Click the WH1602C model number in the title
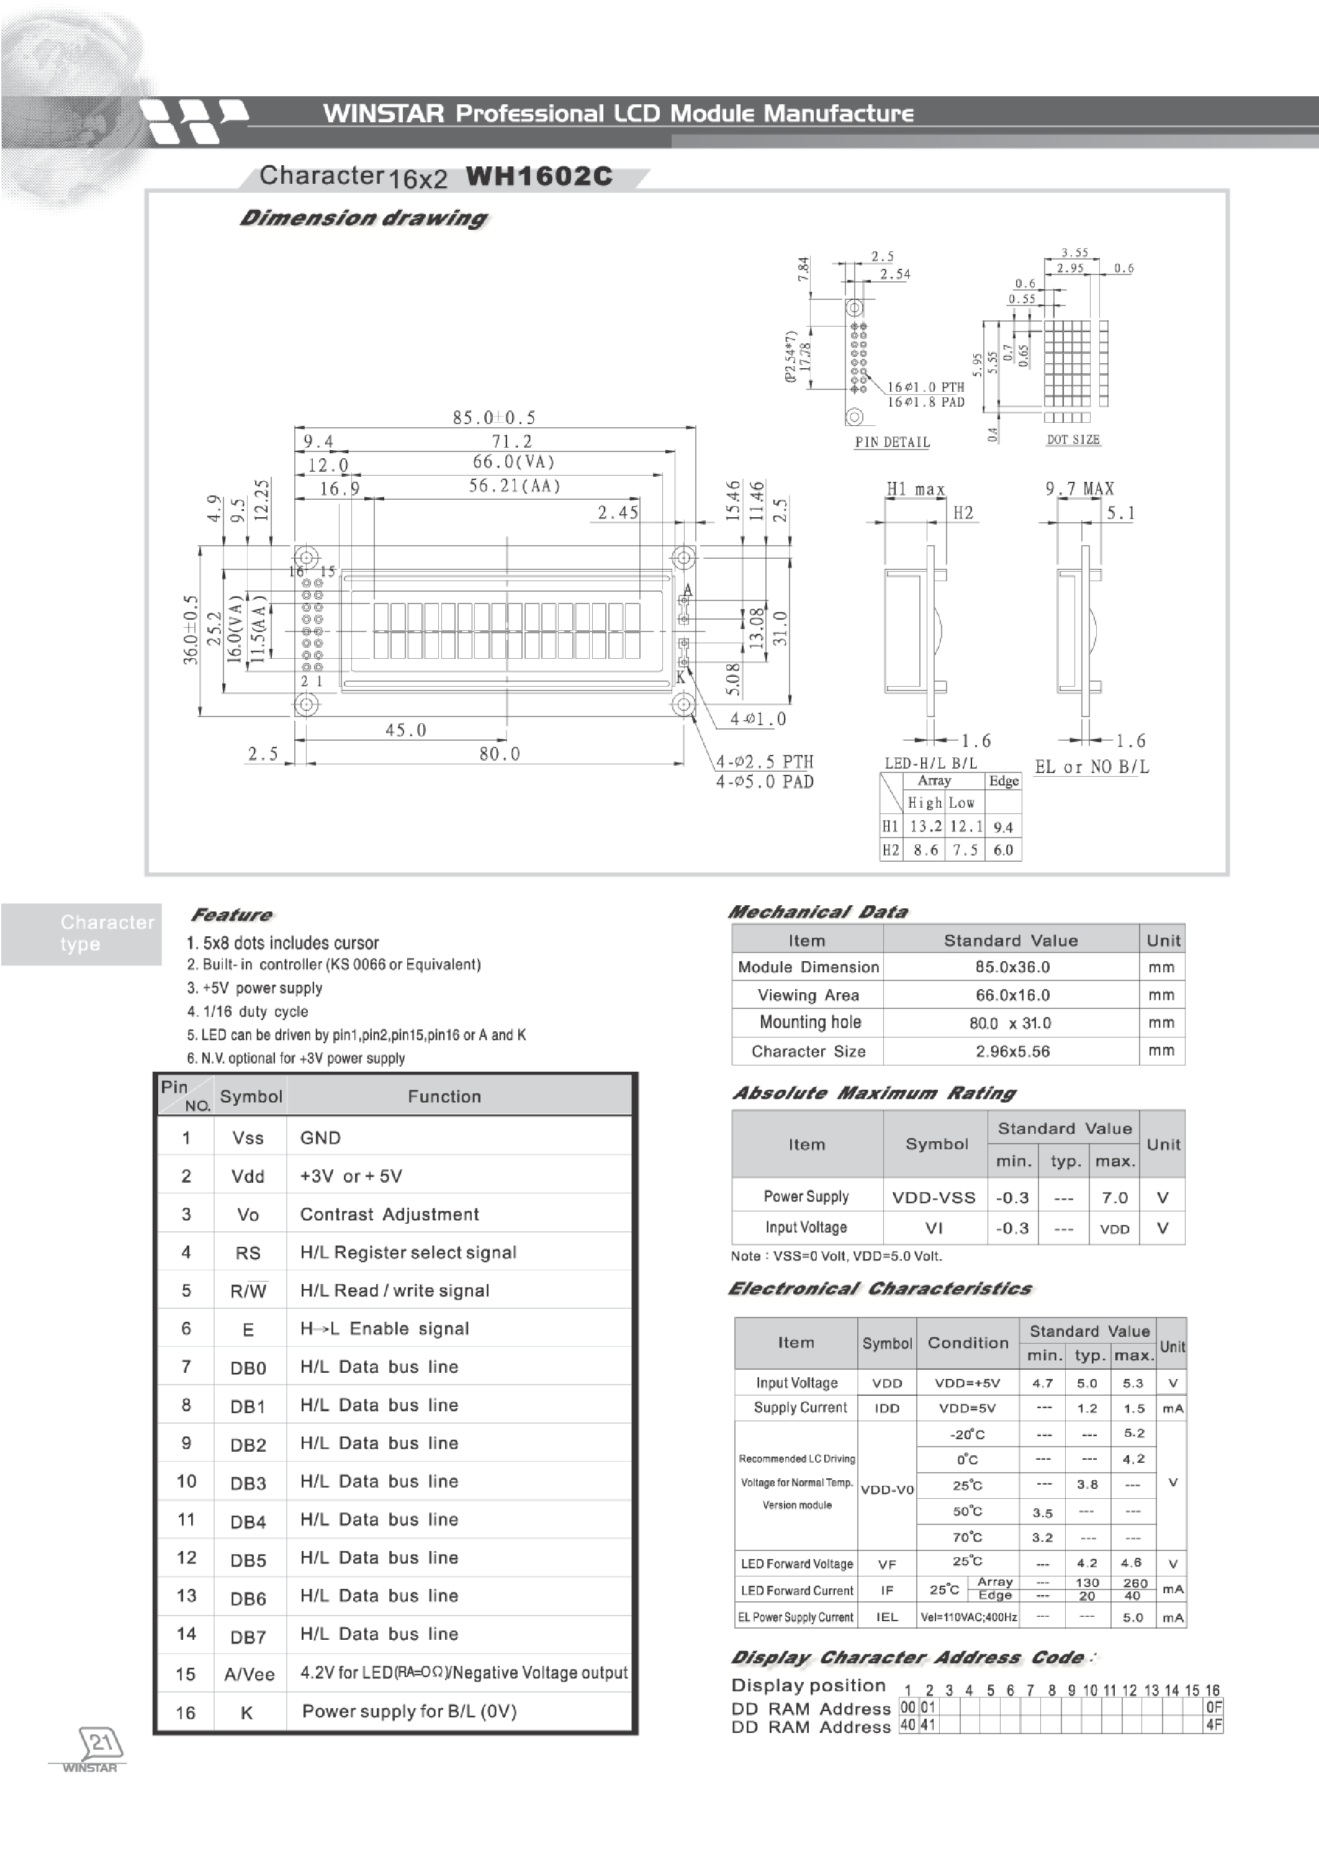(x=539, y=176)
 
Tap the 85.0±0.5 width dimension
(x=494, y=418)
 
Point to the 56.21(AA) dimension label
(x=514, y=486)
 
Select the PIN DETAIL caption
(x=892, y=442)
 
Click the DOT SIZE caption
(x=1073, y=440)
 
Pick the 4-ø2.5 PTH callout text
(x=764, y=761)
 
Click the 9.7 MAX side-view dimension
(x=1079, y=488)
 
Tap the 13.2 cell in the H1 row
(x=925, y=826)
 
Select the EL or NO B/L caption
(x=1092, y=766)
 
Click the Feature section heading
(x=232, y=915)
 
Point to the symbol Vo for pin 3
(x=248, y=1214)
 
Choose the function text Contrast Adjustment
(x=389, y=1214)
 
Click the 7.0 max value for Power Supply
(x=1114, y=1198)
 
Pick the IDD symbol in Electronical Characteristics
(x=887, y=1408)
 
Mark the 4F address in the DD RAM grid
(x=1213, y=1725)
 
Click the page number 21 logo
(x=100, y=1743)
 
